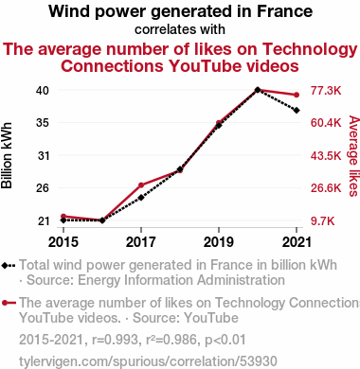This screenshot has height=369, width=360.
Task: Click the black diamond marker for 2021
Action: pyautogui.click(x=297, y=111)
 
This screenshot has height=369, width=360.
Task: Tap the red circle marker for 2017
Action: pyautogui.click(x=141, y=185)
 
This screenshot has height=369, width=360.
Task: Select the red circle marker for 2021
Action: pyautogui.click(x=297, y=95)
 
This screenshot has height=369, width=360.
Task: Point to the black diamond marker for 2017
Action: pyautogui.click(x=141, y=198)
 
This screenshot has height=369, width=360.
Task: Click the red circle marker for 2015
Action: pyautogui.click(x=63, y=217)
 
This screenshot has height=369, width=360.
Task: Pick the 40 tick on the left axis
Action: pyautogui.click(x=43, y=91)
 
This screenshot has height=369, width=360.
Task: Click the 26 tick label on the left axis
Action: pyautogui.click(x=43, y=188)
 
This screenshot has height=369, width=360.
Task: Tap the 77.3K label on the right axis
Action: pyautogui.click(x=326, y=91)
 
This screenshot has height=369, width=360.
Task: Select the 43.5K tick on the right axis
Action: pyautogui.click(x=326, y=155)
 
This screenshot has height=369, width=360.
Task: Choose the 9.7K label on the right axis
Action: pyautogui.click(x=322, y=221)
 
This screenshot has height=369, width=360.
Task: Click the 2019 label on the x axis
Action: pyautogui.click(x=219, y=242)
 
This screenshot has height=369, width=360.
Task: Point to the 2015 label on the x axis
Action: pyautogui.click(x=63, y=242)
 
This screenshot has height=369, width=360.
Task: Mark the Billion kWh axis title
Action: pyautogui.click(x=7, y=155)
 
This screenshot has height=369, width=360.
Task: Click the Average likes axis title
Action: pyautogui.click(x=354, y=156)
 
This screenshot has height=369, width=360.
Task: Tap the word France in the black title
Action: pyautogui.click(x=284, y=11)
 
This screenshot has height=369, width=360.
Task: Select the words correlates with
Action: pyautogui.click(x=180, y=29)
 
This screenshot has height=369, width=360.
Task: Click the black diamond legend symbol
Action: pyautogui.click(x=9, y=266)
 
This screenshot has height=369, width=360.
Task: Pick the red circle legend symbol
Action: pyautogui.click(x=9, y=303)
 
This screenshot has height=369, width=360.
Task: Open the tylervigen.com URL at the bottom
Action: pyautogui.click(x=148, y=361)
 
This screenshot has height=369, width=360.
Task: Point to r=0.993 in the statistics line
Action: pyautogui.click(x=115, y=340)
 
